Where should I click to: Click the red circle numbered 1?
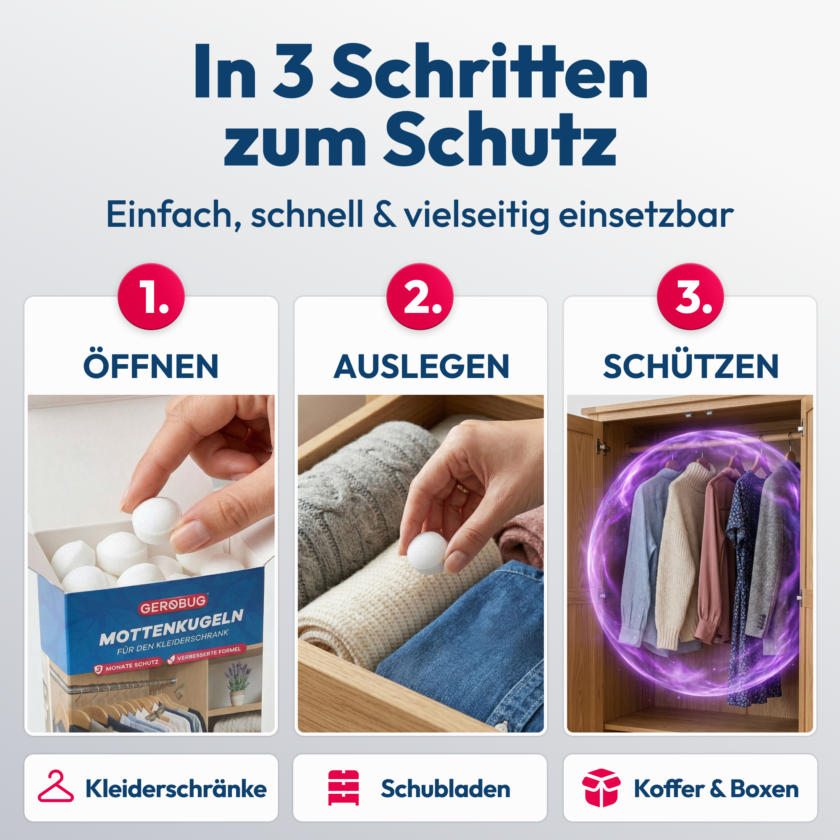click(x=151, y=297)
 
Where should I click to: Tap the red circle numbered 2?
click(x=420, y=297)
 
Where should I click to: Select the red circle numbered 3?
click(x=690, y=297)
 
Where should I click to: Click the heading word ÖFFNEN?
click(x=151, y=367)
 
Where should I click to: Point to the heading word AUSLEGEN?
click(x=421, y=367)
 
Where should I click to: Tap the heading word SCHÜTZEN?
click(x=690, y=367)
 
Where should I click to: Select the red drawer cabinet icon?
click(x=344, y=787)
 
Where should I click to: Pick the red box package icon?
click(x=601, y=787)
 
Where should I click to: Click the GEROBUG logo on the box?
click(x=173, y=604)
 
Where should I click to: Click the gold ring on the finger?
click(x=462, y=488)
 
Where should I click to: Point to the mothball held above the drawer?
click(x=426, y=552)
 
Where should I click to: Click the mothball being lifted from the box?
click(x=157, y=520)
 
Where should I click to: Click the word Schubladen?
click(x=445, y=789)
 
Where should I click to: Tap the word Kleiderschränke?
click(x=176, y=789)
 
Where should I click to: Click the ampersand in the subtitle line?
click(x=385, y=214)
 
